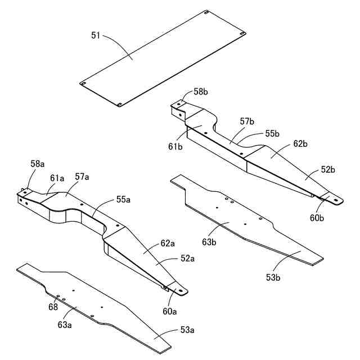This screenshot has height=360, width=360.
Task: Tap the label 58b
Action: pyautogui.click(x=201, y=92)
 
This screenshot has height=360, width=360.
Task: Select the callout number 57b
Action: pyautogui.click(x=247, y=121)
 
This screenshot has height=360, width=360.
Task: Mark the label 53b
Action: pyautogui.click(x=274, y=277)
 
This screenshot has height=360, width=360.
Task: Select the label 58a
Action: pyautogui.click(x=37, y=163)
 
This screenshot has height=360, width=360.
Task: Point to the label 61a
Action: pyautogui.click(x=57, y=178)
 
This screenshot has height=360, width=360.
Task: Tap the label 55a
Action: pyautogui.click(x=124, y=199)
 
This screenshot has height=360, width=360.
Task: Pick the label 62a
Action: pyautogui.click(x=168, y=244)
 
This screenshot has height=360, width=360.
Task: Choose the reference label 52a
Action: pyautogui.click(x=188, y=258)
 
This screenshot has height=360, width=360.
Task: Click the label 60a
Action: pyautogui.click(x=170, y=311)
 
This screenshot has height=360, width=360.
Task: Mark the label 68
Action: pyautogui.click(x=53, y=307)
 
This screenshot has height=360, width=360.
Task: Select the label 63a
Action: pyautogui.click(x=65, y=324)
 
